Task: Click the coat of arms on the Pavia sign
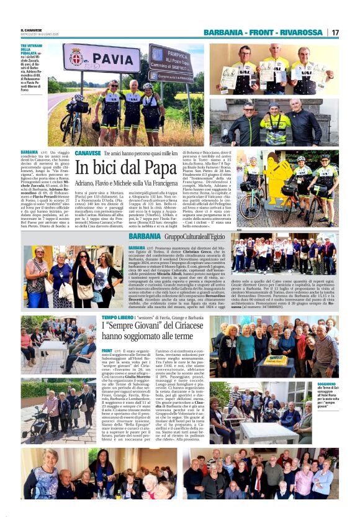tap(76, 57)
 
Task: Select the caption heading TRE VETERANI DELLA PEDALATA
tap(32, 52)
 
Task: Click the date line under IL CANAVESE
tap(39, 35)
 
